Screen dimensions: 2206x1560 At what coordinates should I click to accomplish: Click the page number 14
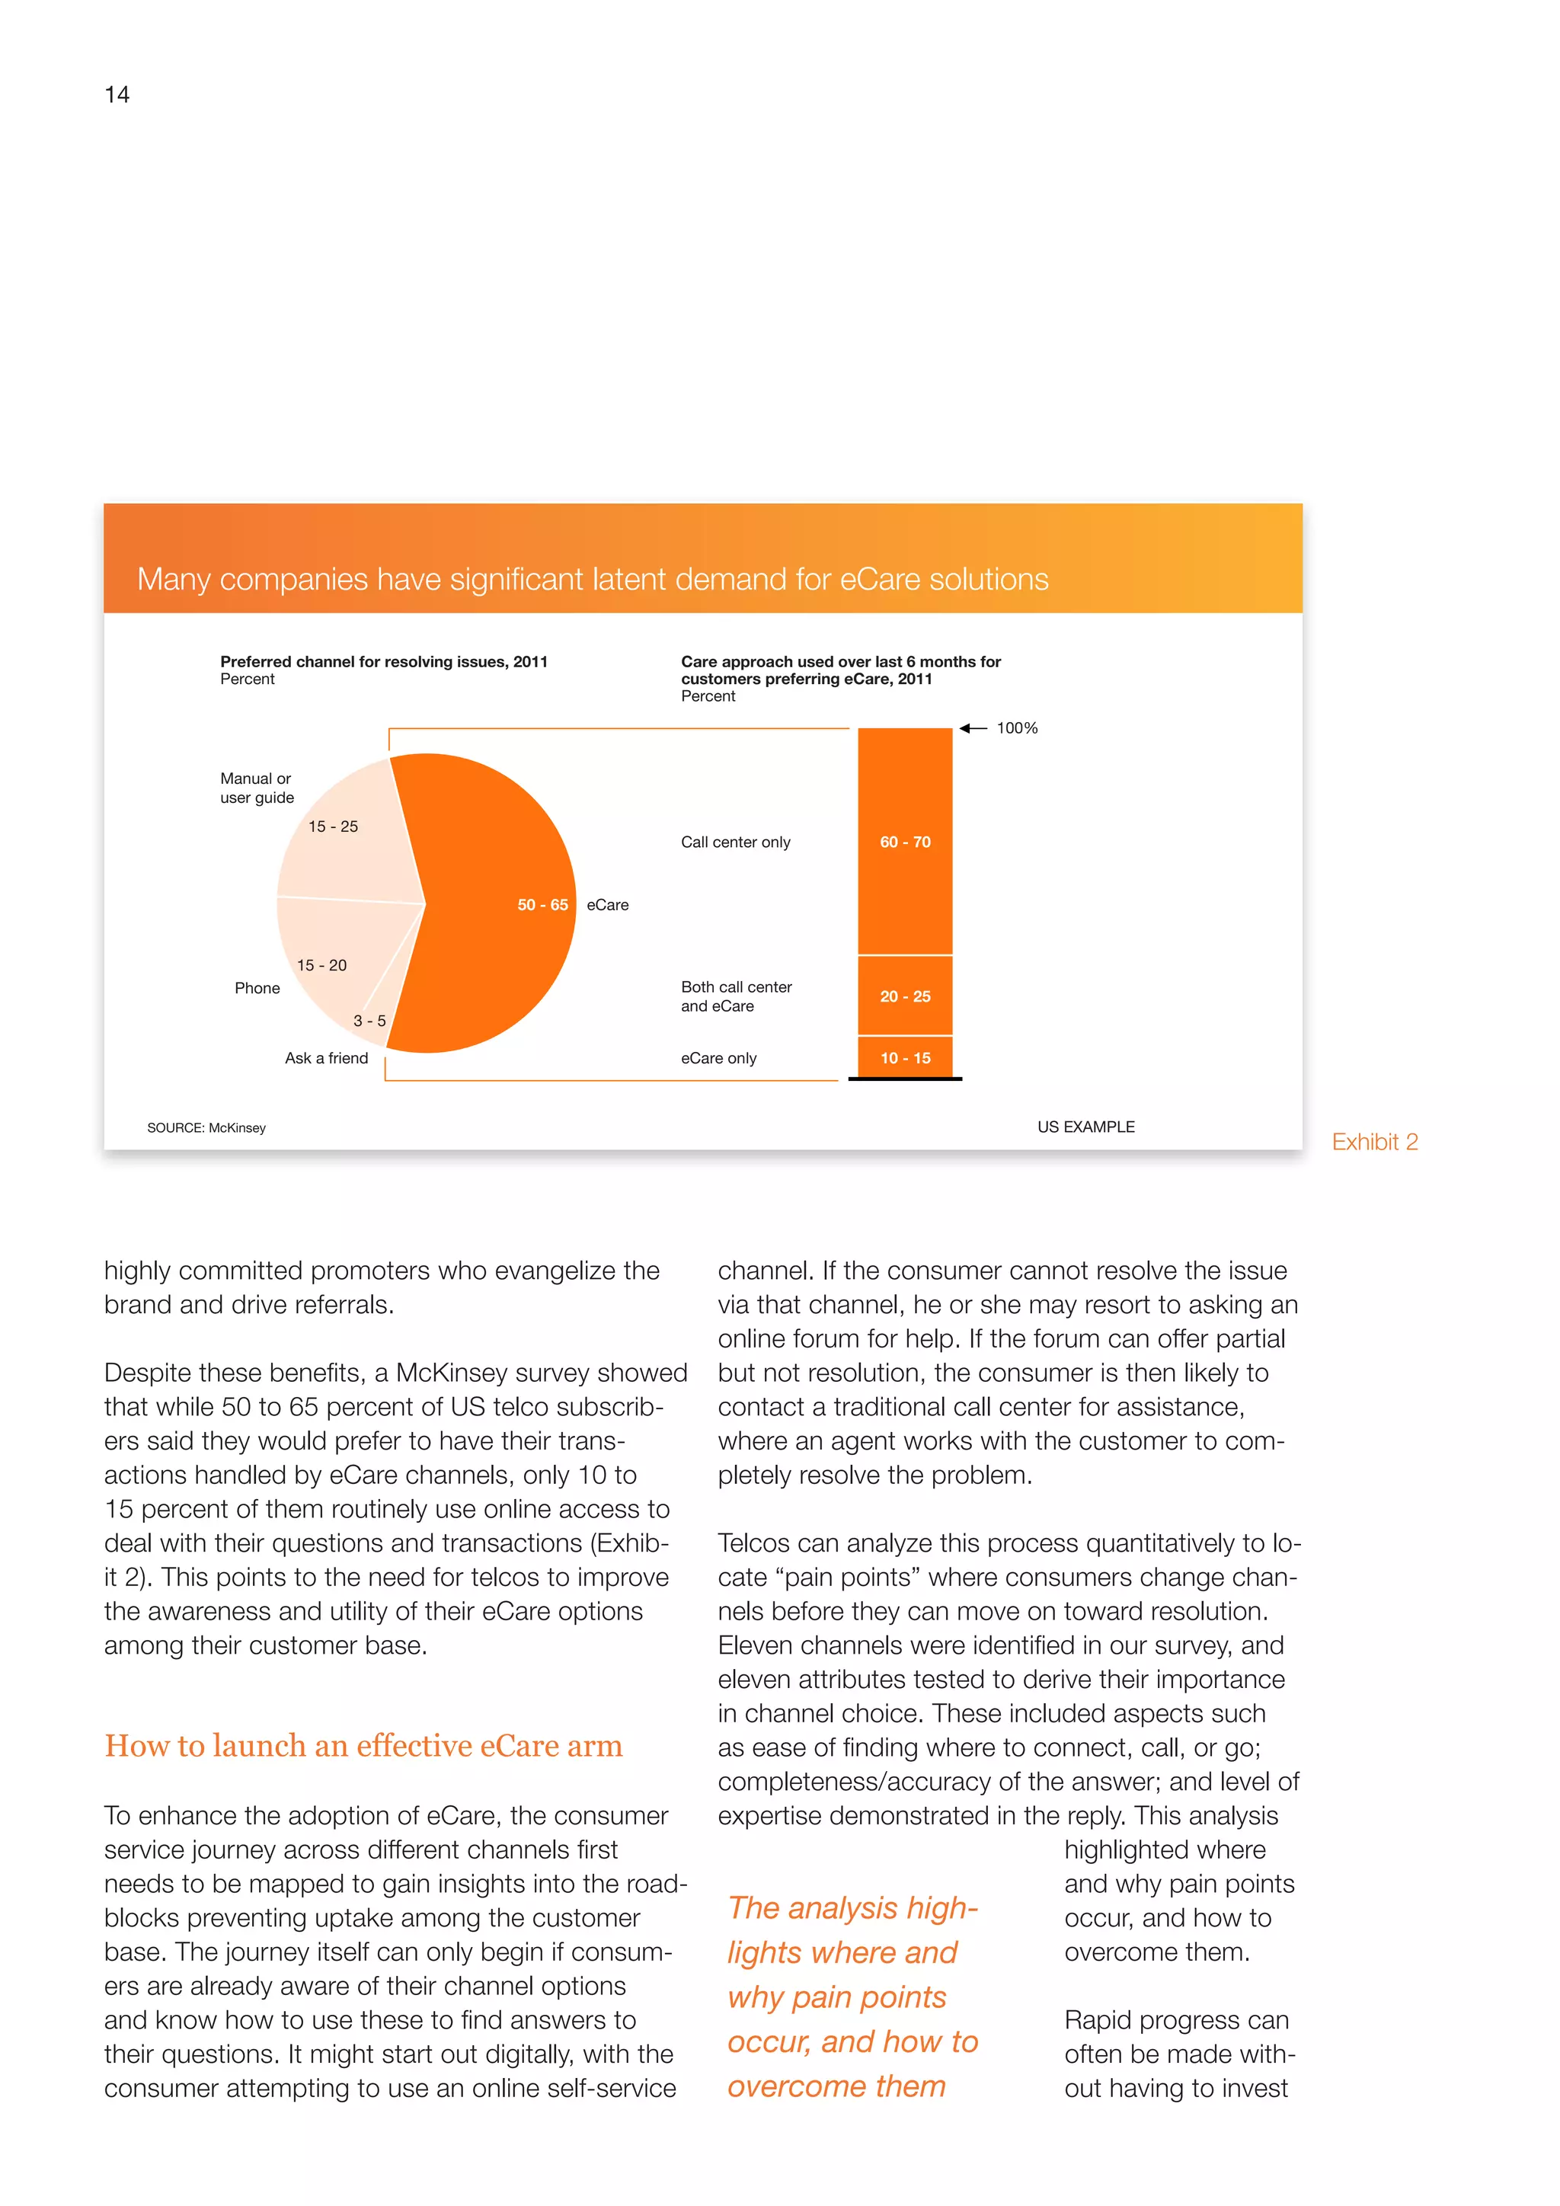pos(117,94)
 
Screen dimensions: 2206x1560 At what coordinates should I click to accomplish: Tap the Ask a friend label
pos(326,1058)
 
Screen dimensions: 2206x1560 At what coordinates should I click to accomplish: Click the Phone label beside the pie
pos(257,988)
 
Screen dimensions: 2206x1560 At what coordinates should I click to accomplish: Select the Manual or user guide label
pos(257,788)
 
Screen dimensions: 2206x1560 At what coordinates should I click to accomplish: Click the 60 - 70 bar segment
pos(905,842)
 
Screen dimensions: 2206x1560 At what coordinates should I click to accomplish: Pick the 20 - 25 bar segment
pos(905,996)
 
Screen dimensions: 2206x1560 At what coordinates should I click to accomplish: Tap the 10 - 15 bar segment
pos(905,1058)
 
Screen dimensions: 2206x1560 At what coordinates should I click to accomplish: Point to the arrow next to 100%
pos(972,728)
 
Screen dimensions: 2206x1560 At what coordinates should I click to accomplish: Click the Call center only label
pos(735,842)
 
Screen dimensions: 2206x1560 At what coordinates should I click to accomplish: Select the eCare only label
pos(718,1058)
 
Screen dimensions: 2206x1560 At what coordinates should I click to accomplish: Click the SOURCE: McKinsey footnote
pos(206,1128)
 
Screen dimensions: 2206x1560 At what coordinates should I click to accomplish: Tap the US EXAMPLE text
pos(1085,1127)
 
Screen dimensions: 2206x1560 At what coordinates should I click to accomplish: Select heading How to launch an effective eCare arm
pos(363,1746)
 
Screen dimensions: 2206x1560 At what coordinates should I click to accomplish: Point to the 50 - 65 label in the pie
pos(542,905)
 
